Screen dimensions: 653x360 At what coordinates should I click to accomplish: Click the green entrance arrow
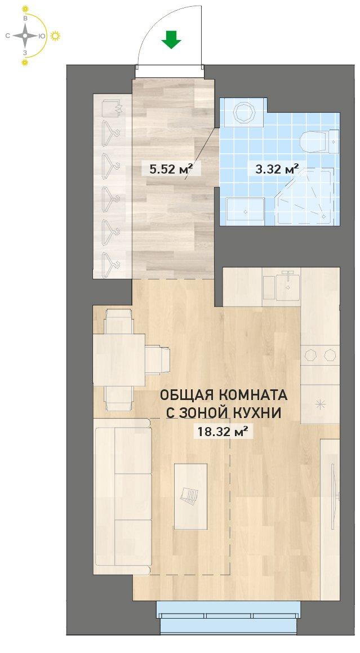[x=171, y=39]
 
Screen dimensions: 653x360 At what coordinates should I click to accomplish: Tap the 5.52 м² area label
[x=167, y=168]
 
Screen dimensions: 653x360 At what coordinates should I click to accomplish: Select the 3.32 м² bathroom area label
[x=273, y=168]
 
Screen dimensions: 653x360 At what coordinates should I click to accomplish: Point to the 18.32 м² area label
[x=221, y=432]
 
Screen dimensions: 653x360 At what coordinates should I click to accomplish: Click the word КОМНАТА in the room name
[x=256, y=394]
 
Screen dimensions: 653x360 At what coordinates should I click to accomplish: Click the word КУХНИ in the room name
[x=260, y=412]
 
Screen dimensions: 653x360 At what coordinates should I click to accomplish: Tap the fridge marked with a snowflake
[x=320, y=403]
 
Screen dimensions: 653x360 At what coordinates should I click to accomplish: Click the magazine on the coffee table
[x=190, y=495]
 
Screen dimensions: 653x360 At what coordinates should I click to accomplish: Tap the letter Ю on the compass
[x=42, y=36]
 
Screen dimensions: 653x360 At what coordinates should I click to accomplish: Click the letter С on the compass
[x=7, y=36]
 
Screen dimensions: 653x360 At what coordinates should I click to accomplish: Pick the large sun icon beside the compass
[x=55, y=36]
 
